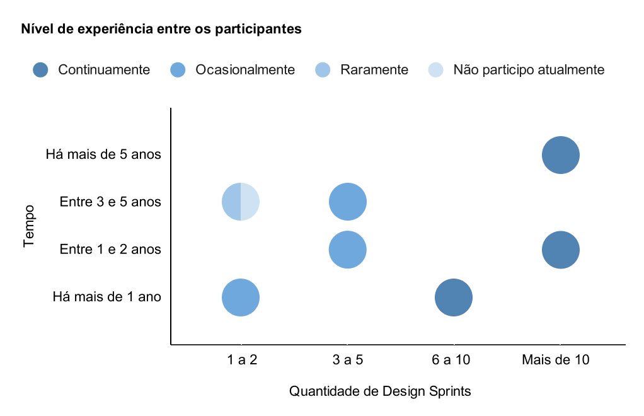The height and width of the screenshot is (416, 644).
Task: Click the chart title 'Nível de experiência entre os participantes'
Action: pos(161,29)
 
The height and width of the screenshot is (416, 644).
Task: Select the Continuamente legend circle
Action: pos(41,70)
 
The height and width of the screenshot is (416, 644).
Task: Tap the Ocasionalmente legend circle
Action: pos(178,70)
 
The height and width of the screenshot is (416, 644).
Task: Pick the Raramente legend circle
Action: pos(323,70)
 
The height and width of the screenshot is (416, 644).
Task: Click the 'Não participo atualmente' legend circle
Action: pos(436,70)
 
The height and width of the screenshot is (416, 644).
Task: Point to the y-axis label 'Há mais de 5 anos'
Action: pos(103,154)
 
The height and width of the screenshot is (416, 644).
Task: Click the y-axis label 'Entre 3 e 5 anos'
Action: pos(110,202)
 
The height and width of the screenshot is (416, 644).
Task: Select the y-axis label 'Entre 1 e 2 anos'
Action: pos(110,249)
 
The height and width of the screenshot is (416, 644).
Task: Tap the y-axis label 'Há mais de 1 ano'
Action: pos(106,297)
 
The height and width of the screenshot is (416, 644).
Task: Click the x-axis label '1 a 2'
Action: pos(242,360)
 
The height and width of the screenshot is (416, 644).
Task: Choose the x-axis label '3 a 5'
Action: pos(348,360)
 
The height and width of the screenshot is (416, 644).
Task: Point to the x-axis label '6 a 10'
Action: pos(451,360)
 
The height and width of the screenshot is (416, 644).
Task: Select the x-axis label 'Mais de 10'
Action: pos(556,360)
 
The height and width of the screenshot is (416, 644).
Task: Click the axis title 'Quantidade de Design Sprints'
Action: pos(380,391)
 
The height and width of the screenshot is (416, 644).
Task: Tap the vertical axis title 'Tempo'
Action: pos(29,226)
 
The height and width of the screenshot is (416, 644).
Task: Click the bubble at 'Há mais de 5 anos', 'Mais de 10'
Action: pos(561,155)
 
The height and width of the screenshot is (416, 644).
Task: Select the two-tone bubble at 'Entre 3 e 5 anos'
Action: pos(241,202)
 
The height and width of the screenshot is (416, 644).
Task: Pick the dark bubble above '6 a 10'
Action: pos(454,298)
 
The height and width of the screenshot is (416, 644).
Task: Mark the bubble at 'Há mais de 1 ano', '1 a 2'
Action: pos(241,298)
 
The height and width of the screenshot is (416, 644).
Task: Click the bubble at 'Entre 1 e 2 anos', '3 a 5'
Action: pos(348,250)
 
